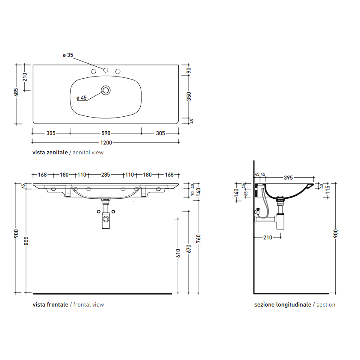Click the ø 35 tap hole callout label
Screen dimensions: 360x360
pos(68,55)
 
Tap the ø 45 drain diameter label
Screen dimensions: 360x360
pos(82,98)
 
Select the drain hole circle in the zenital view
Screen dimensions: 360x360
pos(106,90)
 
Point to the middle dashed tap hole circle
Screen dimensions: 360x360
pos(106,70)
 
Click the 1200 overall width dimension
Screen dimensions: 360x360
pos(106,142)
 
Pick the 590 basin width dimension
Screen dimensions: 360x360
pos(106,133)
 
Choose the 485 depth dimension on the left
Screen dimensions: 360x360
pos(17,92)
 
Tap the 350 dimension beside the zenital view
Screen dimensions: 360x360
pos(189,96)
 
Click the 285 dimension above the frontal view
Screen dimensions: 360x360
pos(106,175)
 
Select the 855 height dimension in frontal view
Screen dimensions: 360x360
pos(26,241)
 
